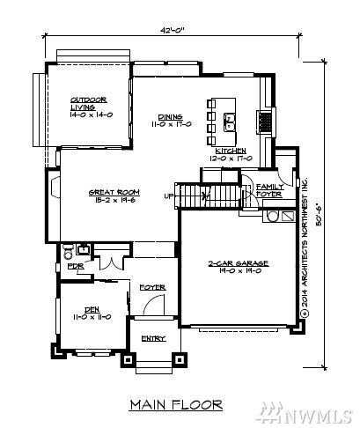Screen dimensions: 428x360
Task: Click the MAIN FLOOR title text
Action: (176, 405)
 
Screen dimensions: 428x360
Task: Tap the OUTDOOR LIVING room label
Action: (88, 107)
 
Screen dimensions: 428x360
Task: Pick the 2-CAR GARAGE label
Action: (238, 268)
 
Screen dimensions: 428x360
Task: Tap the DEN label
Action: (91, 313)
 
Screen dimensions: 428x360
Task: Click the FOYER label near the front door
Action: (152, 288)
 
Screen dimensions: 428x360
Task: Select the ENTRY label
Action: (153, 338)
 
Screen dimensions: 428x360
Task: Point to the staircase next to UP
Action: (209, 196)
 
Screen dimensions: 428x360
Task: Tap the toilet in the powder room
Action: (68, 249)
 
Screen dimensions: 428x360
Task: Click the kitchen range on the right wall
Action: (261, 119)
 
